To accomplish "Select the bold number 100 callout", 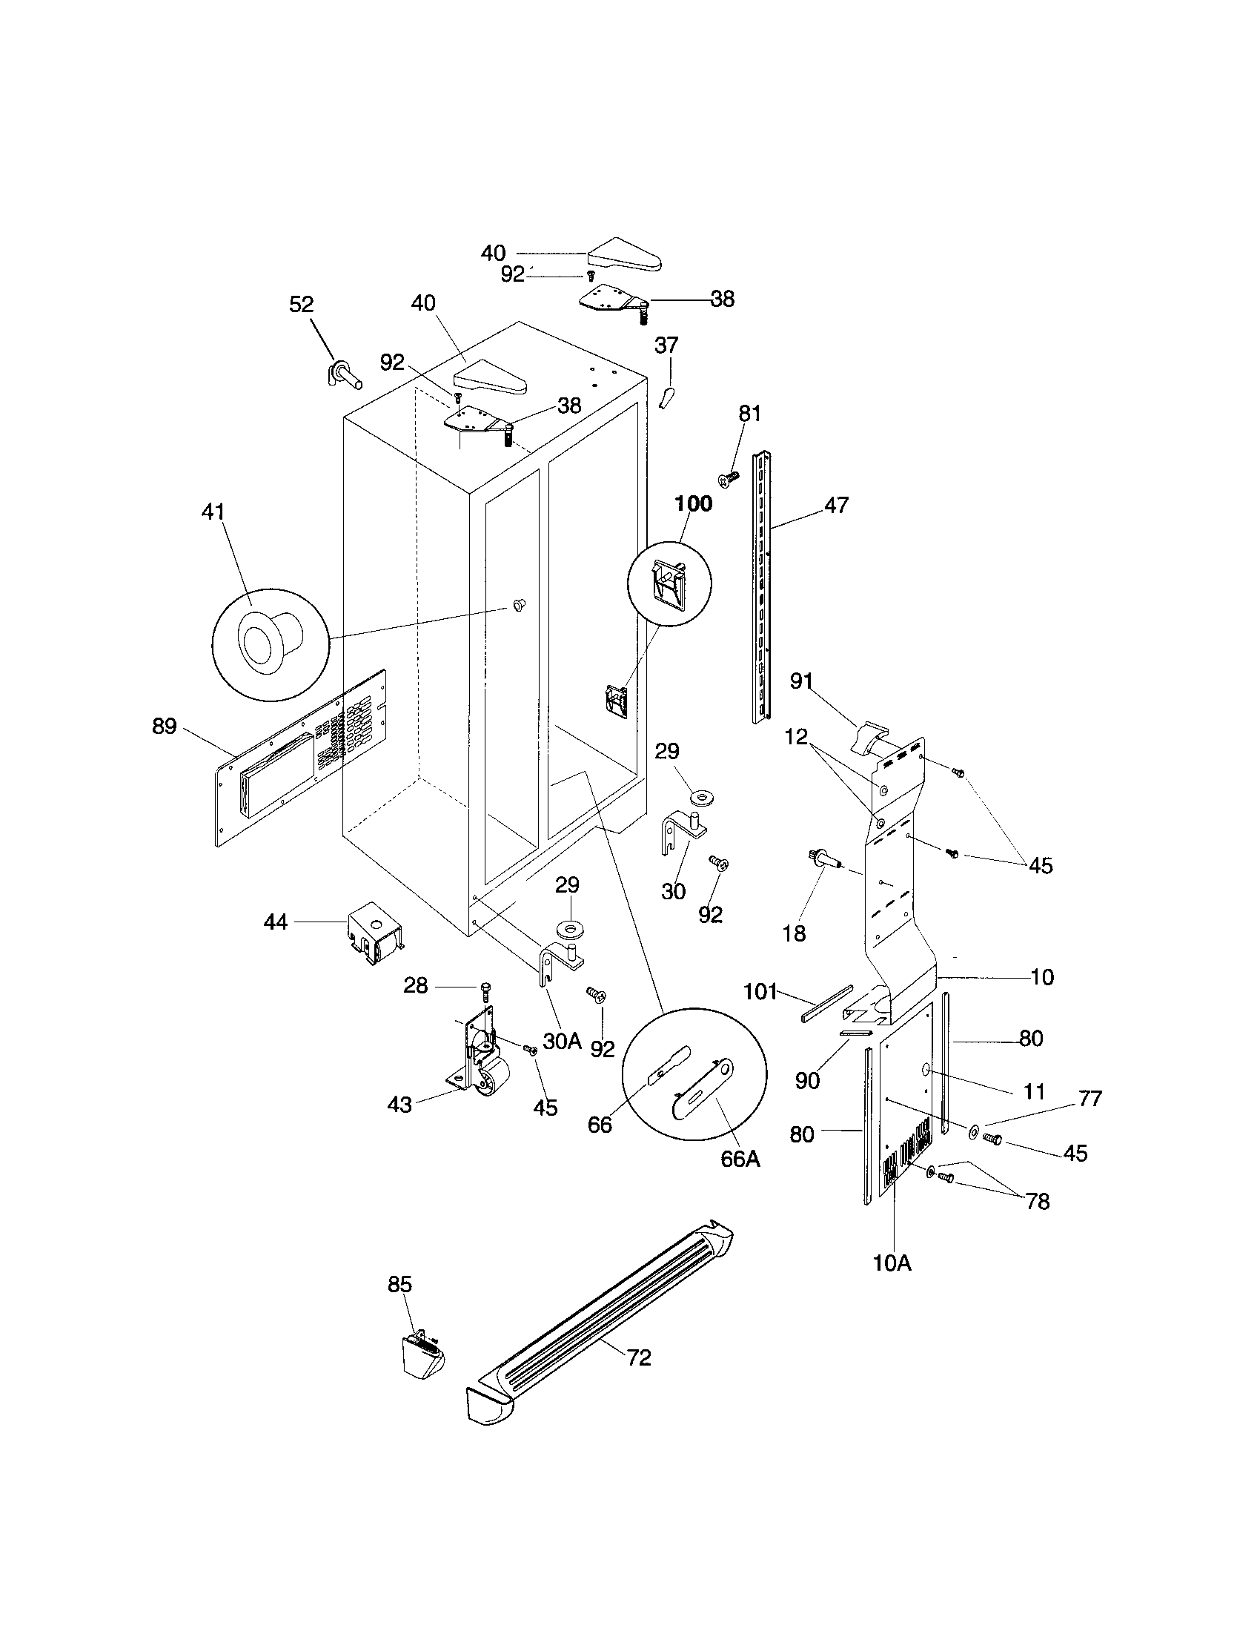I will click(694, 504).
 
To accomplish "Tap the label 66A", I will click(740, 1159).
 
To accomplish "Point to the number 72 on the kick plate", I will click(639, 1357).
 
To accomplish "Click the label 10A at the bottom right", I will click(892, 1263).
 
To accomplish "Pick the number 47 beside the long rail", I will click(837, 505).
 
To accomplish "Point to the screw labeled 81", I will click(728, 477).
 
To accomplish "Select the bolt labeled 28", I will click(487, 990).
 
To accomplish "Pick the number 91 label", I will click(801, 681).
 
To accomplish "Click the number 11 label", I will click(1034, 1092).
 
